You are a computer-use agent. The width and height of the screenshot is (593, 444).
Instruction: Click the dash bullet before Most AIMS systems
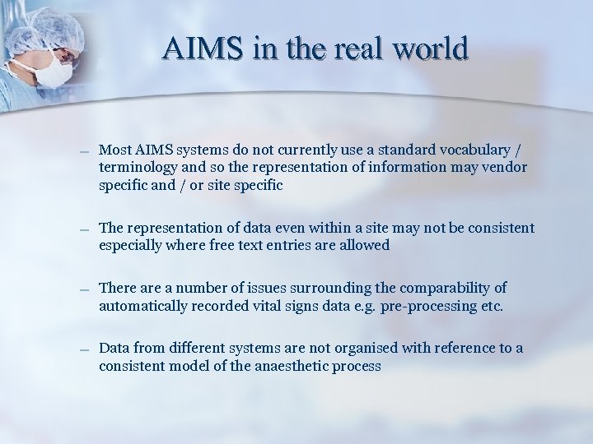click(85, 152)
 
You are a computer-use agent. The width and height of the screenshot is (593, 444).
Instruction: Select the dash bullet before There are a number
click(85, 289)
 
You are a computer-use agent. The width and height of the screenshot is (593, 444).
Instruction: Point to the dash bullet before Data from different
click(85, 350)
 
